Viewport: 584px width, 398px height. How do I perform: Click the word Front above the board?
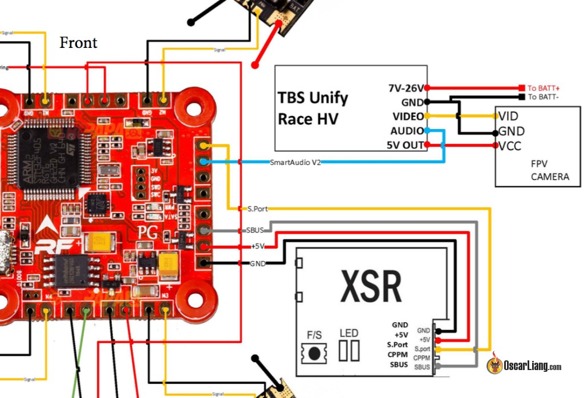[78, 43]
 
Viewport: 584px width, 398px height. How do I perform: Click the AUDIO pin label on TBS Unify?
[407, 131]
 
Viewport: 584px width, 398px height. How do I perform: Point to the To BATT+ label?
[543, 88]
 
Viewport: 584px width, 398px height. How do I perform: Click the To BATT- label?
[544, 97]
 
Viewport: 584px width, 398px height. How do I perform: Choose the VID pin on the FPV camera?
[508, 116]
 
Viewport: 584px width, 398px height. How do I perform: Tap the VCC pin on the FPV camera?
[509, 146]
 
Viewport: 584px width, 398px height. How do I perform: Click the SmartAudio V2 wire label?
[295, 163]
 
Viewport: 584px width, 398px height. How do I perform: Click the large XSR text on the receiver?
[371, 286]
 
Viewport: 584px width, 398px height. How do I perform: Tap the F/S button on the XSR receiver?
[314, 352]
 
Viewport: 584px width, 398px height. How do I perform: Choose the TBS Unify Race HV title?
[313, 108]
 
